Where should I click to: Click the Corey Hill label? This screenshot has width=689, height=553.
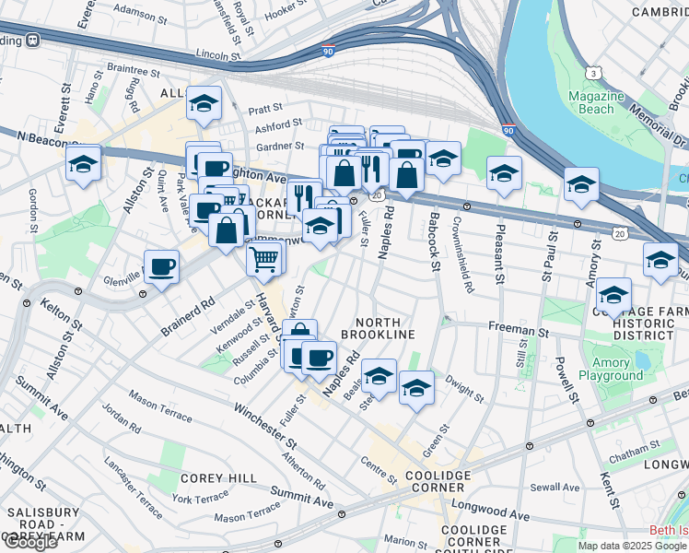pos(212,477)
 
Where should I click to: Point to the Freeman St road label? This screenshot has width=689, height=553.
pos(518,328)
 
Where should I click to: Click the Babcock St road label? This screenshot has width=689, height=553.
pos(434,241)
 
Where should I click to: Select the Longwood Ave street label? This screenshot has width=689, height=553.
pos(489,512)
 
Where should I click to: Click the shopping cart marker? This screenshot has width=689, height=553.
pos(263,258)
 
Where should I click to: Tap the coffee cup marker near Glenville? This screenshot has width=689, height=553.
pos(162,267)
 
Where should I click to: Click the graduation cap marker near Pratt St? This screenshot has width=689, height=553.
pos(204,103)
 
